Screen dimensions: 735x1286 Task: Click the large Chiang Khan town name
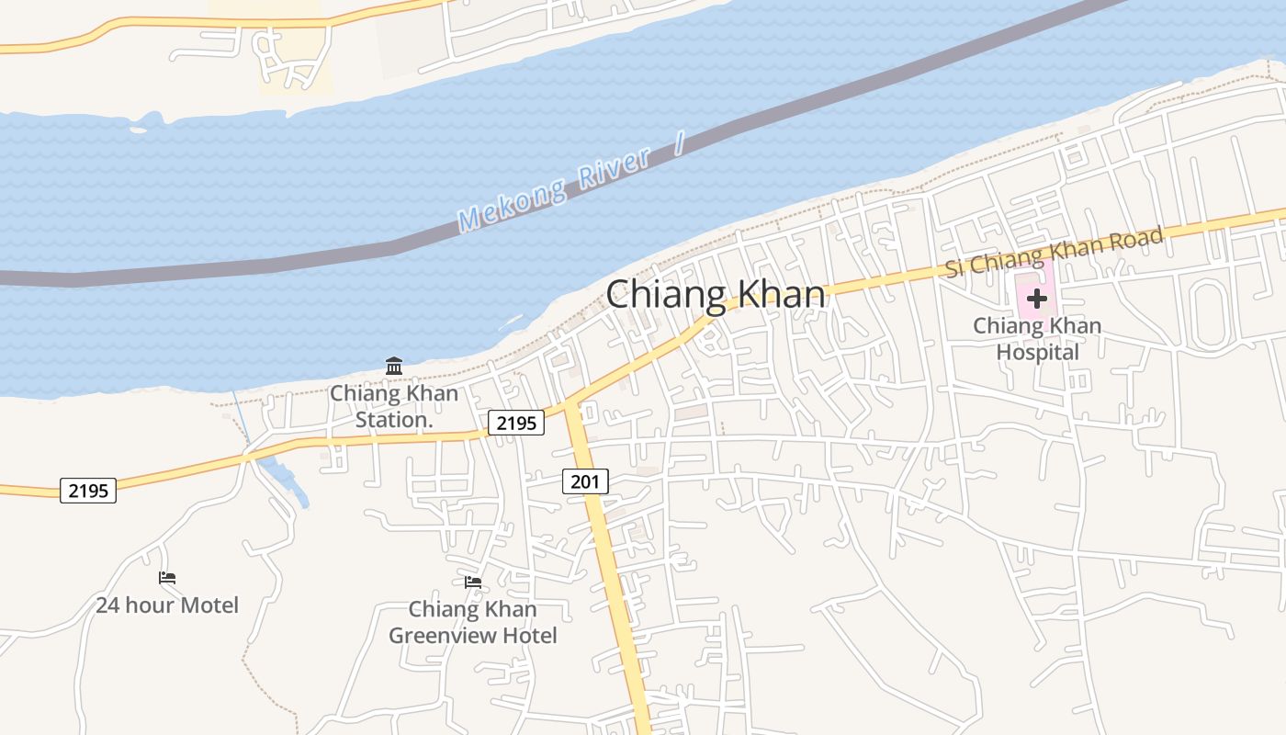pos(716,295)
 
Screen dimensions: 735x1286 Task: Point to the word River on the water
pos(614,167)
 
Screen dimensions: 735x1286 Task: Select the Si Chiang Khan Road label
pos(1055,251)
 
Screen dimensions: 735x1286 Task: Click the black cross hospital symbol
pos(1037,299)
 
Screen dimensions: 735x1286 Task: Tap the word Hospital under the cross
pos(1037,352)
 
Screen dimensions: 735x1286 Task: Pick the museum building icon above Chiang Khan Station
pos(394,366)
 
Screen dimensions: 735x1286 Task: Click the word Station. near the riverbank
pos(394,420)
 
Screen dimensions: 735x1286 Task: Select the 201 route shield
pos(585,481)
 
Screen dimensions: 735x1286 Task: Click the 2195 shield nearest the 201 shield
pos(516,423)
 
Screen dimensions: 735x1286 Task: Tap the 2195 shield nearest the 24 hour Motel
pos(88,491)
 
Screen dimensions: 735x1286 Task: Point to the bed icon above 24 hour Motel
pos(167,578)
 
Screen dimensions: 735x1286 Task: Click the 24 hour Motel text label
pos(167,605)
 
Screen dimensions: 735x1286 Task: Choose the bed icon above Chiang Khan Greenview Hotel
pos(473,582)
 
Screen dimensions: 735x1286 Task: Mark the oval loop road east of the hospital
pos(1210,314)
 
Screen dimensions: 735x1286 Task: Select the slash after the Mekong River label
pos(679,143)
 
